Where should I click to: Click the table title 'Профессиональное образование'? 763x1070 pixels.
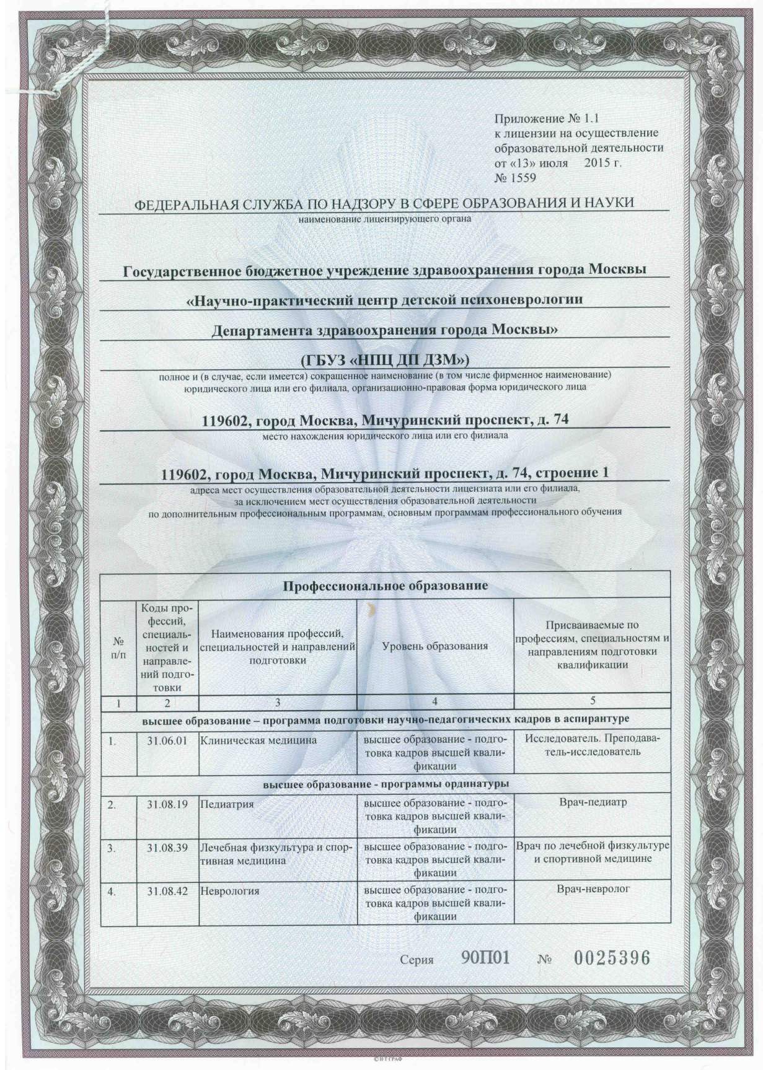pos(386,585)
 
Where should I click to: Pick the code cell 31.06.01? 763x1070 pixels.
pos(167,740)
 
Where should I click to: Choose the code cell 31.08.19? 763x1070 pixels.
pos(167,804)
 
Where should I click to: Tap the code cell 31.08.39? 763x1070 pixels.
pos(167,848)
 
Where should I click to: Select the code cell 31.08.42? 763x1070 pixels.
pos(167,890)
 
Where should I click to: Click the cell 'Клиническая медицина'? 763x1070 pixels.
pos(258,740)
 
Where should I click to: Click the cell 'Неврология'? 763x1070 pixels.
pos(229,890)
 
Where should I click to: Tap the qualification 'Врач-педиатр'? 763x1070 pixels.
pos(593,802)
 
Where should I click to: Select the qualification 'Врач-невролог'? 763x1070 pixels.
pos(593,889)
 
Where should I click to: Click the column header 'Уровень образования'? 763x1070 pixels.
pos(435,646)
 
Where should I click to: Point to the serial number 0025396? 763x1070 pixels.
pos(612,958)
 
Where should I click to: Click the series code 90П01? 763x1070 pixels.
pos(485,958)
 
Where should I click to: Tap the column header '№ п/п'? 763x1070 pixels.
pos(117,646)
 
